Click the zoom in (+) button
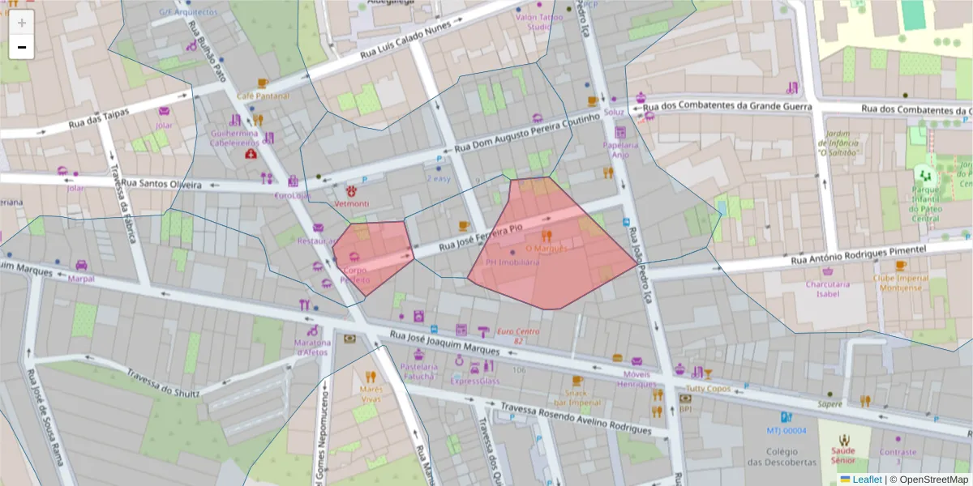[x=22, y=23]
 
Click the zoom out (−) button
[x=22, y=47]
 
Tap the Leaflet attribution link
[x=866, y=480]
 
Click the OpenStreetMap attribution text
[x=929, y=480]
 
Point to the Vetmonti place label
[x=352, y=202]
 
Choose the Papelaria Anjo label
[x=620, y=149]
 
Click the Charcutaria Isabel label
[x=827, y=289]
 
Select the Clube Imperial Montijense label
[x=901, y=283]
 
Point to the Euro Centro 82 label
[x=518, y=335]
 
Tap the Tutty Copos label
[x=707, y=389]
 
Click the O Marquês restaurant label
[x=547, y=248]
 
